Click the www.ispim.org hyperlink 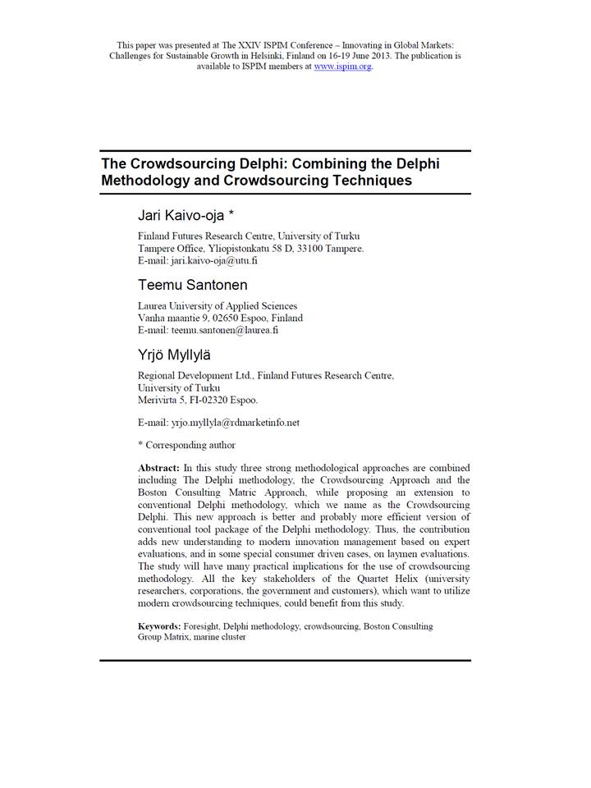(x=343, y=66)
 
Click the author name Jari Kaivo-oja (x=186, y=215)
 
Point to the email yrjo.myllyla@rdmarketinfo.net (x=235, y=422)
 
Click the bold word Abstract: (x=158, y=468)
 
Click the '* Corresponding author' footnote (x=186, y=445)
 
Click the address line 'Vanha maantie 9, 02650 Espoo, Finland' (x=220, y=318)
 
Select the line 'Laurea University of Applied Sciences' (x=218, y=306)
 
